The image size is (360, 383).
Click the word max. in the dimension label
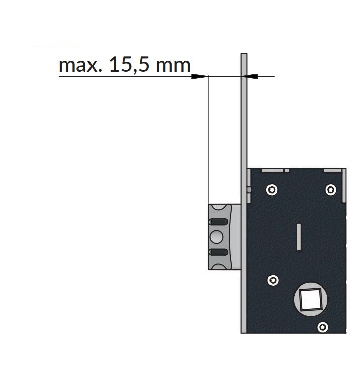coord(80,65)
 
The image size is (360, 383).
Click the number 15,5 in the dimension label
coord(129,65)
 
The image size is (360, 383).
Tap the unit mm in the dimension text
coord(173,66)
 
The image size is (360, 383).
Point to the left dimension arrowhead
coord(200,76)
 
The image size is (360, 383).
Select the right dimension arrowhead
coord(249,76)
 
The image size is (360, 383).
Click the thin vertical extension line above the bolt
coord(208,140)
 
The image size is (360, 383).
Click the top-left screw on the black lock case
coord(272,189)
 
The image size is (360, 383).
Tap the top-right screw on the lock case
coord(331,189)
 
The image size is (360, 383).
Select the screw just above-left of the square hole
coord(273,280)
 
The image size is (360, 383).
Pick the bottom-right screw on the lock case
coord(323,327)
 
